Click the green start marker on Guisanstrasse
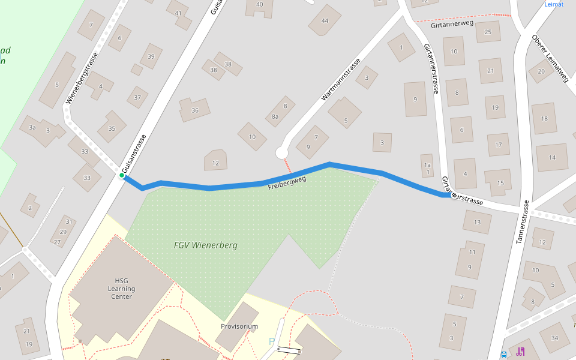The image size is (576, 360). tap(122, 175)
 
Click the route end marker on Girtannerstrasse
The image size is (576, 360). tap(454, 195)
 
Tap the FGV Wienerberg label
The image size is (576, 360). tap(205, 245)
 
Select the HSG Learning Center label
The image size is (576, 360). tap(121, 288)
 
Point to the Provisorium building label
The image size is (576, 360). tap(239, 326)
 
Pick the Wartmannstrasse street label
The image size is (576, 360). tap(341, 79)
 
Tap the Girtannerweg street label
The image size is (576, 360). tap(452, 23)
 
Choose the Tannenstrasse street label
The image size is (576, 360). tap(521, 221)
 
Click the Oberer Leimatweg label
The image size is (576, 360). tap(550, 58)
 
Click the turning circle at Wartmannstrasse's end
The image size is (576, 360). tap(282, 153)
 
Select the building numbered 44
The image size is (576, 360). tap(325, 20)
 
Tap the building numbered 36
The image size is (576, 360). tap(195, 110)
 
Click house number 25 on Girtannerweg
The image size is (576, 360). tap(488, 32)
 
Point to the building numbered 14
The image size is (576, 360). tap(552, 158)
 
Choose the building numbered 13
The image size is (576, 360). tap(477, 223)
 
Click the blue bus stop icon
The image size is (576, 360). tap(503, 354)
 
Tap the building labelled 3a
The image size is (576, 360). tap(32, 127)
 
